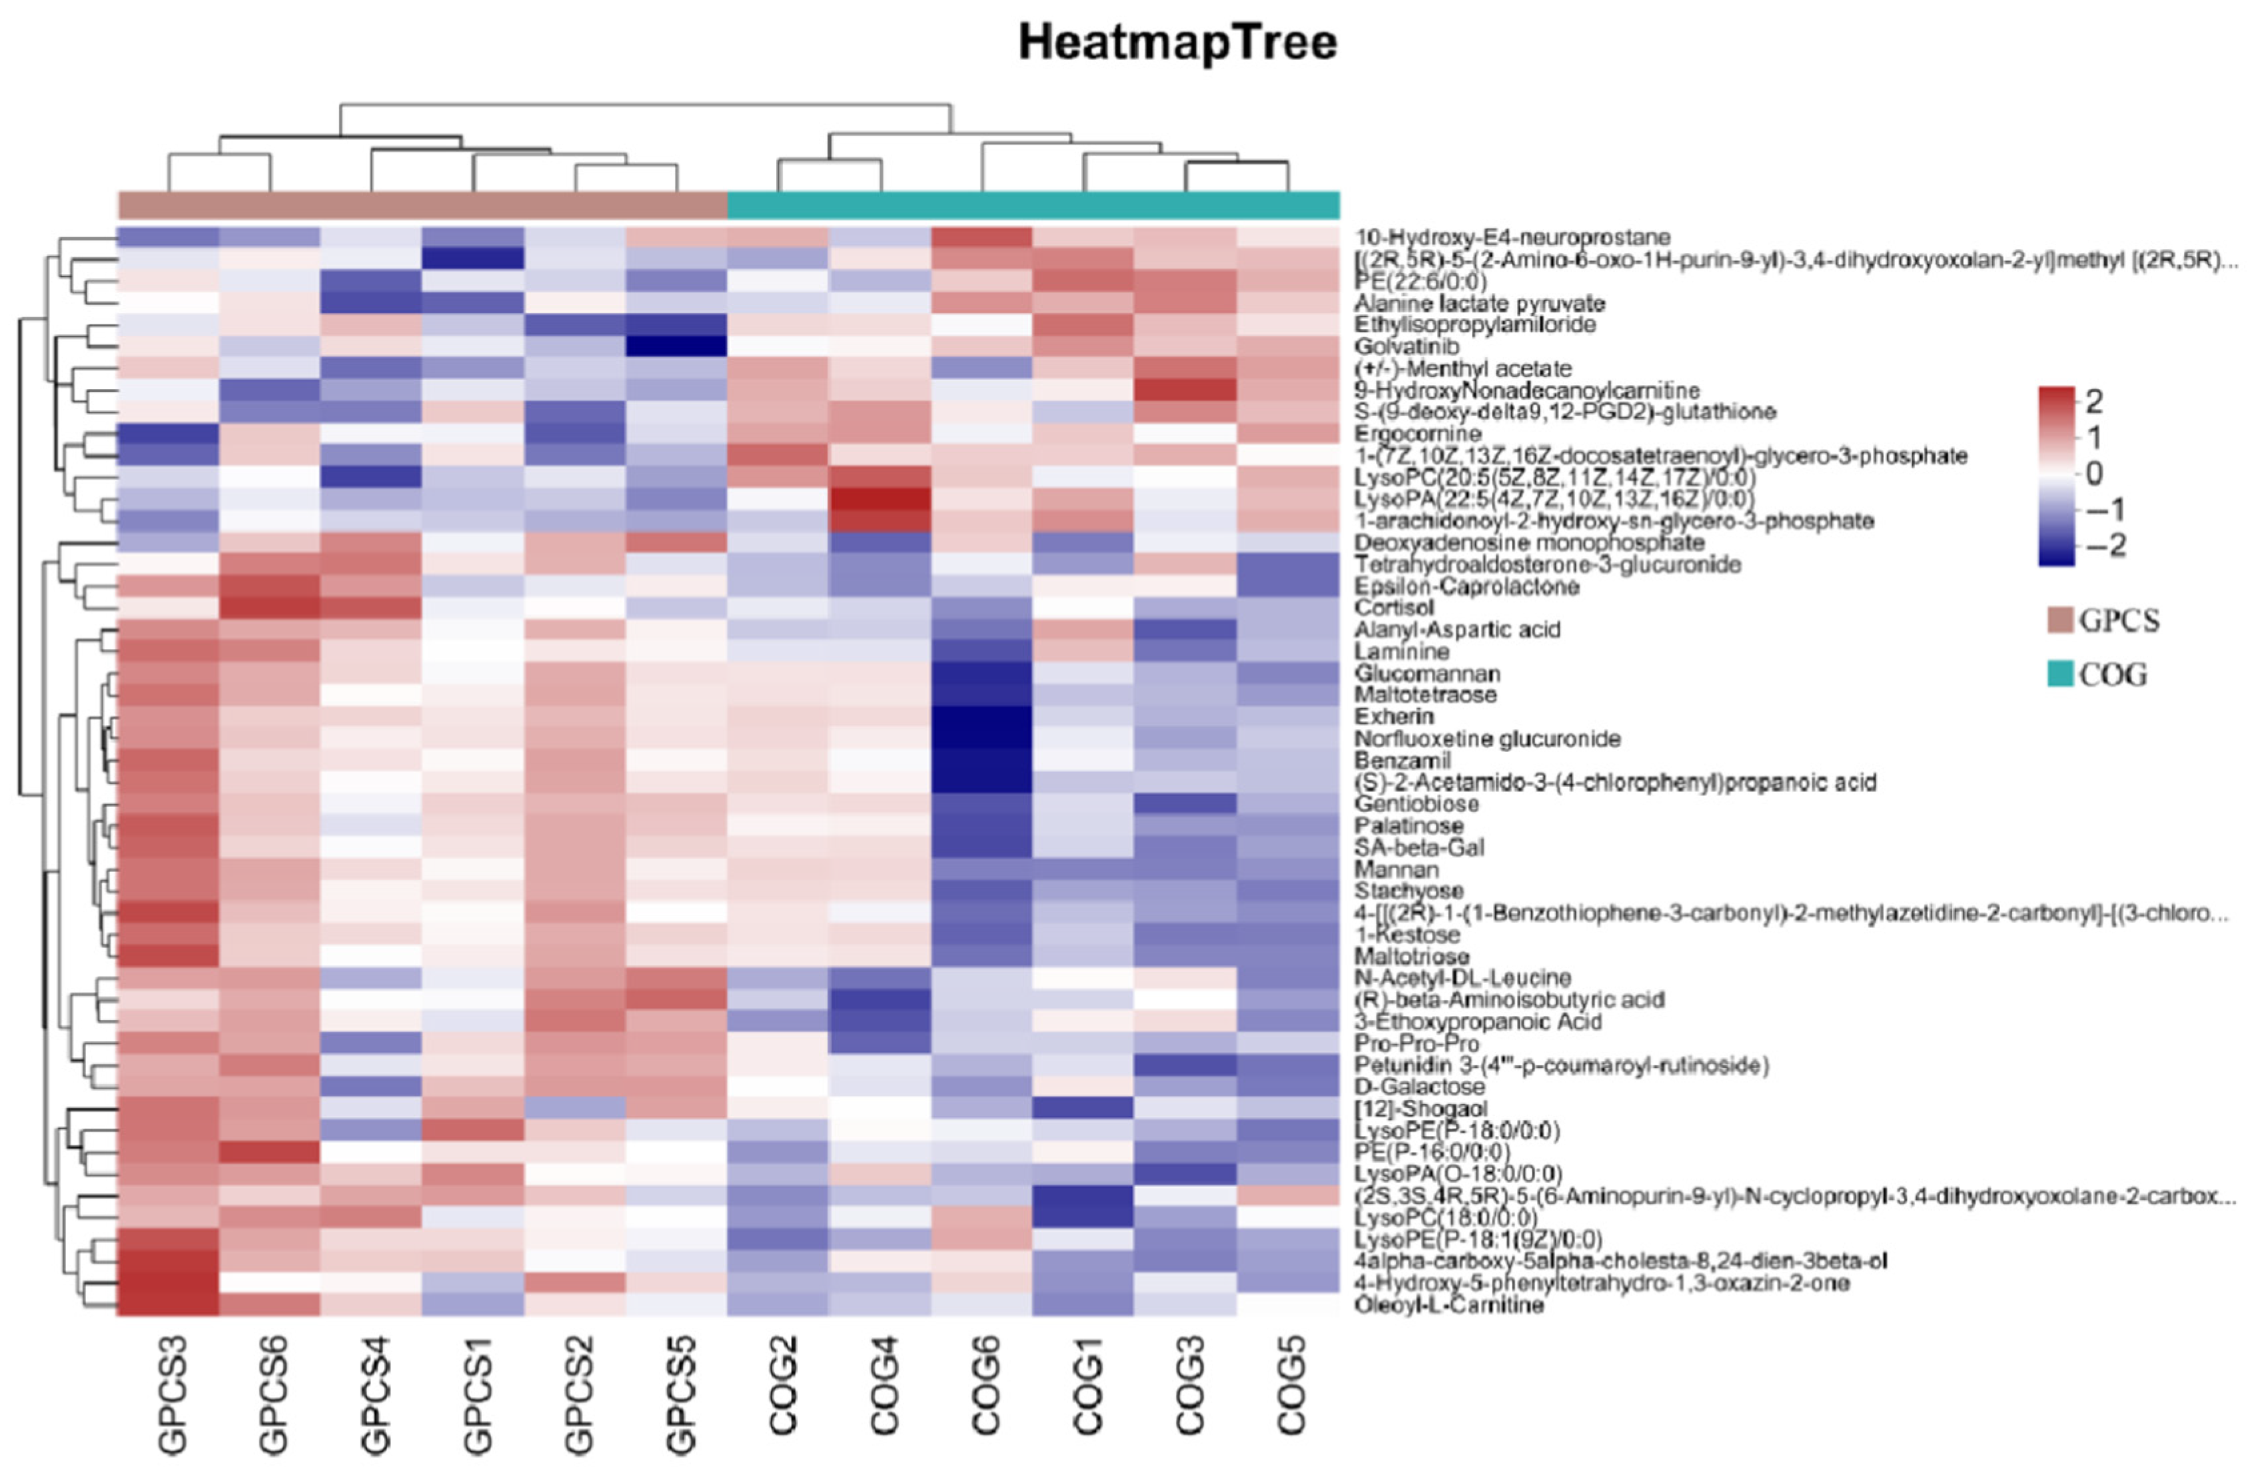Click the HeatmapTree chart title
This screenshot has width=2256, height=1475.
coord(1177,43)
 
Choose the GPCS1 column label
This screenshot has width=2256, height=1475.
coord(478,1394)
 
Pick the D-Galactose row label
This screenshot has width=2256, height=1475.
coord(1419,1087)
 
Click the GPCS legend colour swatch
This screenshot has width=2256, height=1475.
coord(2060,621)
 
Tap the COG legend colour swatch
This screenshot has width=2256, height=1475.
coord(2060,675)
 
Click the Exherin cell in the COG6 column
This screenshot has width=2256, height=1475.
coord(982,717)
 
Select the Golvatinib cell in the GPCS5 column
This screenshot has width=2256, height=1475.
coord(676,346)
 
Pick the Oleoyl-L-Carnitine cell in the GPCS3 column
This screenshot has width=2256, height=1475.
coord(168,1305)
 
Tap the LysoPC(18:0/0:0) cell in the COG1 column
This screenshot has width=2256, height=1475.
coord(1083,1217)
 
